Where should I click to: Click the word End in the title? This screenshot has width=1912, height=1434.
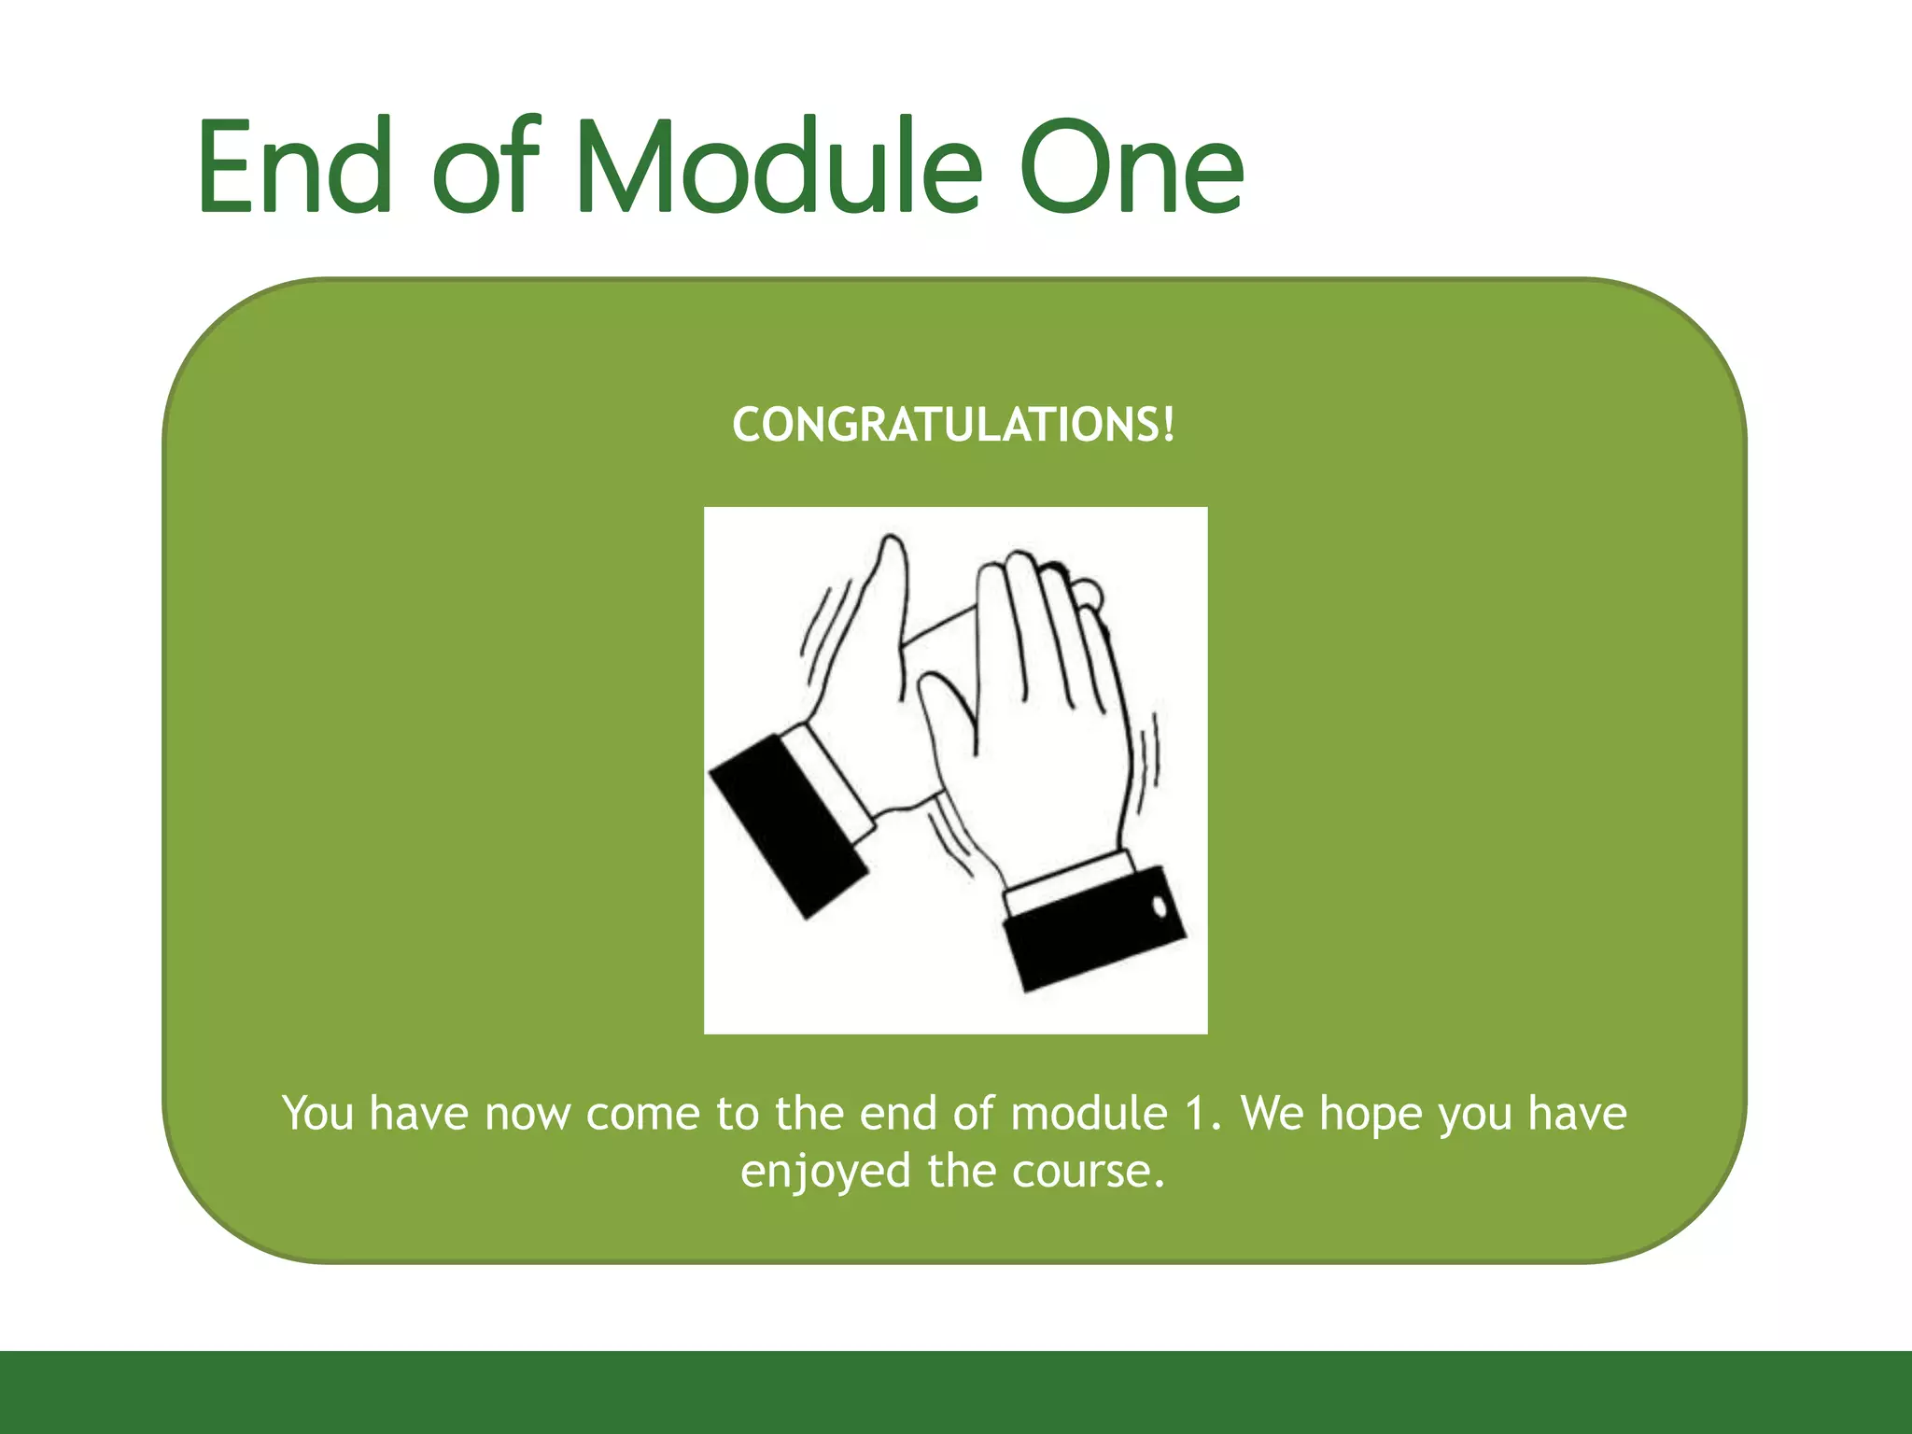point(294,168)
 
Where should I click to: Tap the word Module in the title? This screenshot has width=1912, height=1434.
point(780,168)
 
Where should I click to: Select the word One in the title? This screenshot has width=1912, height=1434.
point(1132,168)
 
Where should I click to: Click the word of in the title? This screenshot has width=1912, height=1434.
point(485,168)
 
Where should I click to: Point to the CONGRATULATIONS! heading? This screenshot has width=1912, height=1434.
point(952,426)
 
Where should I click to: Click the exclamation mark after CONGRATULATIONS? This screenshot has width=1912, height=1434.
point(1168,425)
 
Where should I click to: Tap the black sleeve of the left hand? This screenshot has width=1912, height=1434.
point(786,826)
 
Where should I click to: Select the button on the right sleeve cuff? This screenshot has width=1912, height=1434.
point(1160,906)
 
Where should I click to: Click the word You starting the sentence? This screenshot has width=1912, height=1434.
point(317,1114)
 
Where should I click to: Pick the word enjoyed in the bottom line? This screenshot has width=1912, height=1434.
point(825,1172)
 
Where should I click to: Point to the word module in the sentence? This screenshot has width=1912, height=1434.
point(1089,1114)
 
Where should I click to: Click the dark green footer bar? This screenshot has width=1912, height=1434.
point(956,1391)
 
